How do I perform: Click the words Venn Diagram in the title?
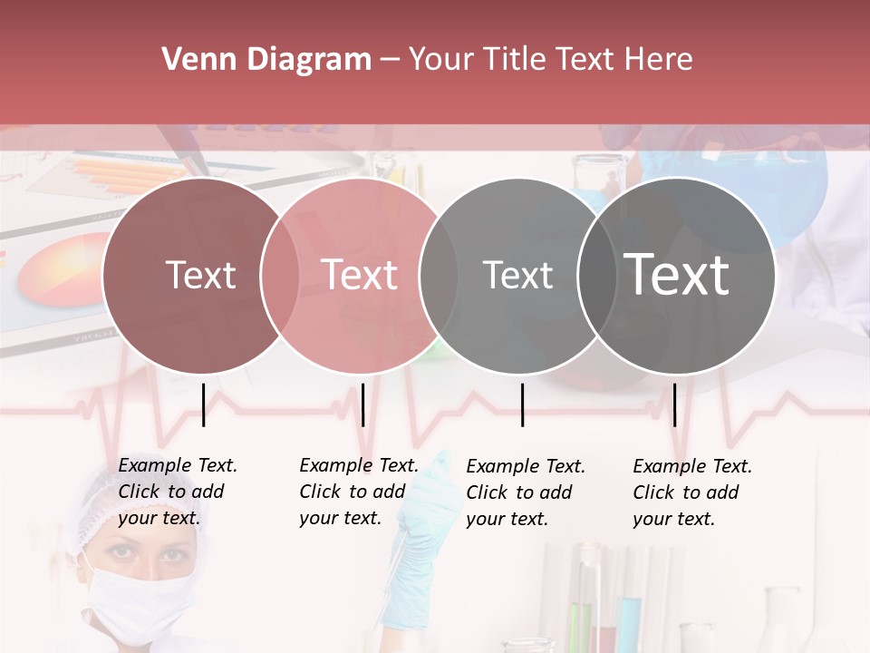[266, 60]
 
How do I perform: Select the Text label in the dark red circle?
[200, 275]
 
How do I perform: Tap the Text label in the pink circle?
[360, 275]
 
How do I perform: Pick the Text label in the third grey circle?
[517, 275]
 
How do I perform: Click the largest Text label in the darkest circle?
[677, 274]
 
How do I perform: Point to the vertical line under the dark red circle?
[203, 404]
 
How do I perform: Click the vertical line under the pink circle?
[362, 404]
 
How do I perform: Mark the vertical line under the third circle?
[522, 404]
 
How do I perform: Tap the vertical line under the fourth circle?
[674, 404]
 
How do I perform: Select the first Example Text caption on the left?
[178, 492]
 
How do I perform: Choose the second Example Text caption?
[359, 492]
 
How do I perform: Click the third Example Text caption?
[526, 492]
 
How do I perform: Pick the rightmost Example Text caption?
[692, 492]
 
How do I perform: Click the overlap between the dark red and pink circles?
[280, 275]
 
